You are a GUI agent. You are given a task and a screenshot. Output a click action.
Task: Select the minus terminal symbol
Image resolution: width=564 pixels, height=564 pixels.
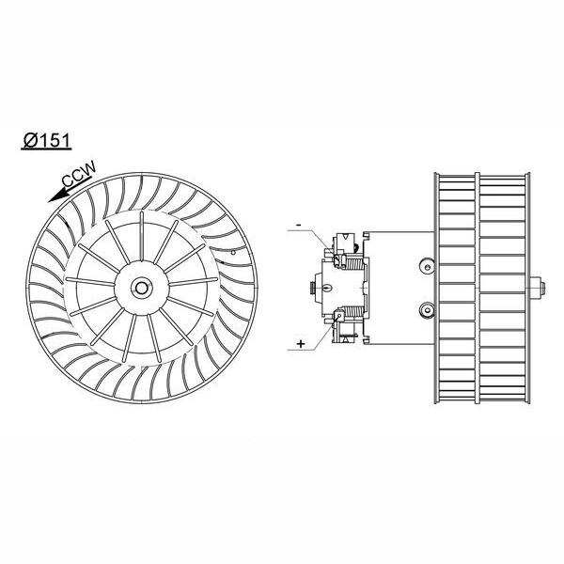298,226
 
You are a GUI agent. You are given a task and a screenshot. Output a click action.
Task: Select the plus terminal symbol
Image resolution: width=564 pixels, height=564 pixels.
301,344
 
